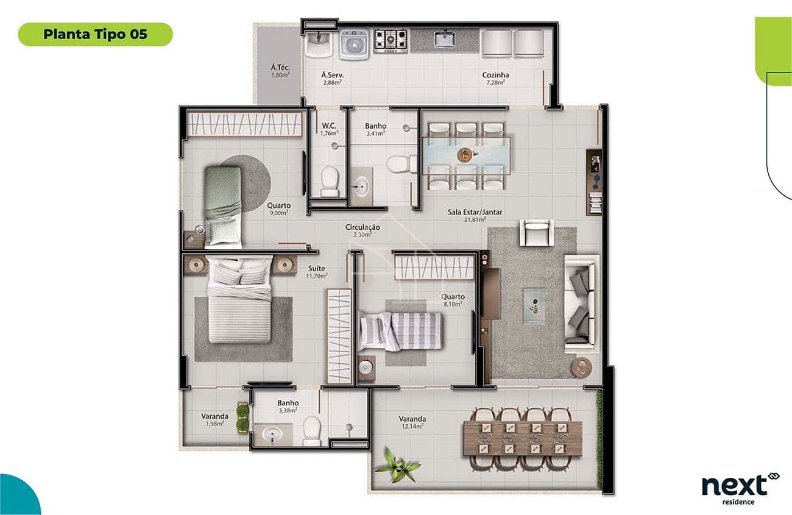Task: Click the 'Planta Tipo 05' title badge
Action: click(x=96, y=34)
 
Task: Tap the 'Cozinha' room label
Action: click(x=495, y=75)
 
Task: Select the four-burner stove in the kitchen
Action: click(x=391, y=41)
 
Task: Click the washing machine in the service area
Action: click(x=354, y=44)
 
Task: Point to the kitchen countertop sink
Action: click(x=445, y=39)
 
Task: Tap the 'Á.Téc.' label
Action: click(x=280, y=67)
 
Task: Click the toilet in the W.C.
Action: click(x=330, y=181)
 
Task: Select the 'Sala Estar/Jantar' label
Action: click(x=475, y=212)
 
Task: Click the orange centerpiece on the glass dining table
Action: click(x=465, y=155)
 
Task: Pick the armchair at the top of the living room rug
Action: click(x=536, y=232)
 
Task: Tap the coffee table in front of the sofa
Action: click(x=534, y=306)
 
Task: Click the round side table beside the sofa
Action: click(x=582, y=367)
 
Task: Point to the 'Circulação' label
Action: click(x=362, y=227)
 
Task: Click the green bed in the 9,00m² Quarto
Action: click(x=223, y=207)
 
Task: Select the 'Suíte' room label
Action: click(x=316, y=268)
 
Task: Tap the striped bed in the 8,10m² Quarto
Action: click(x=401, y=332)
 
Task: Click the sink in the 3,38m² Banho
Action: click(x=272, y=434)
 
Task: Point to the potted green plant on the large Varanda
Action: click(x=397, y=466)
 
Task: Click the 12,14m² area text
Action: click(x=412, y=427)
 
